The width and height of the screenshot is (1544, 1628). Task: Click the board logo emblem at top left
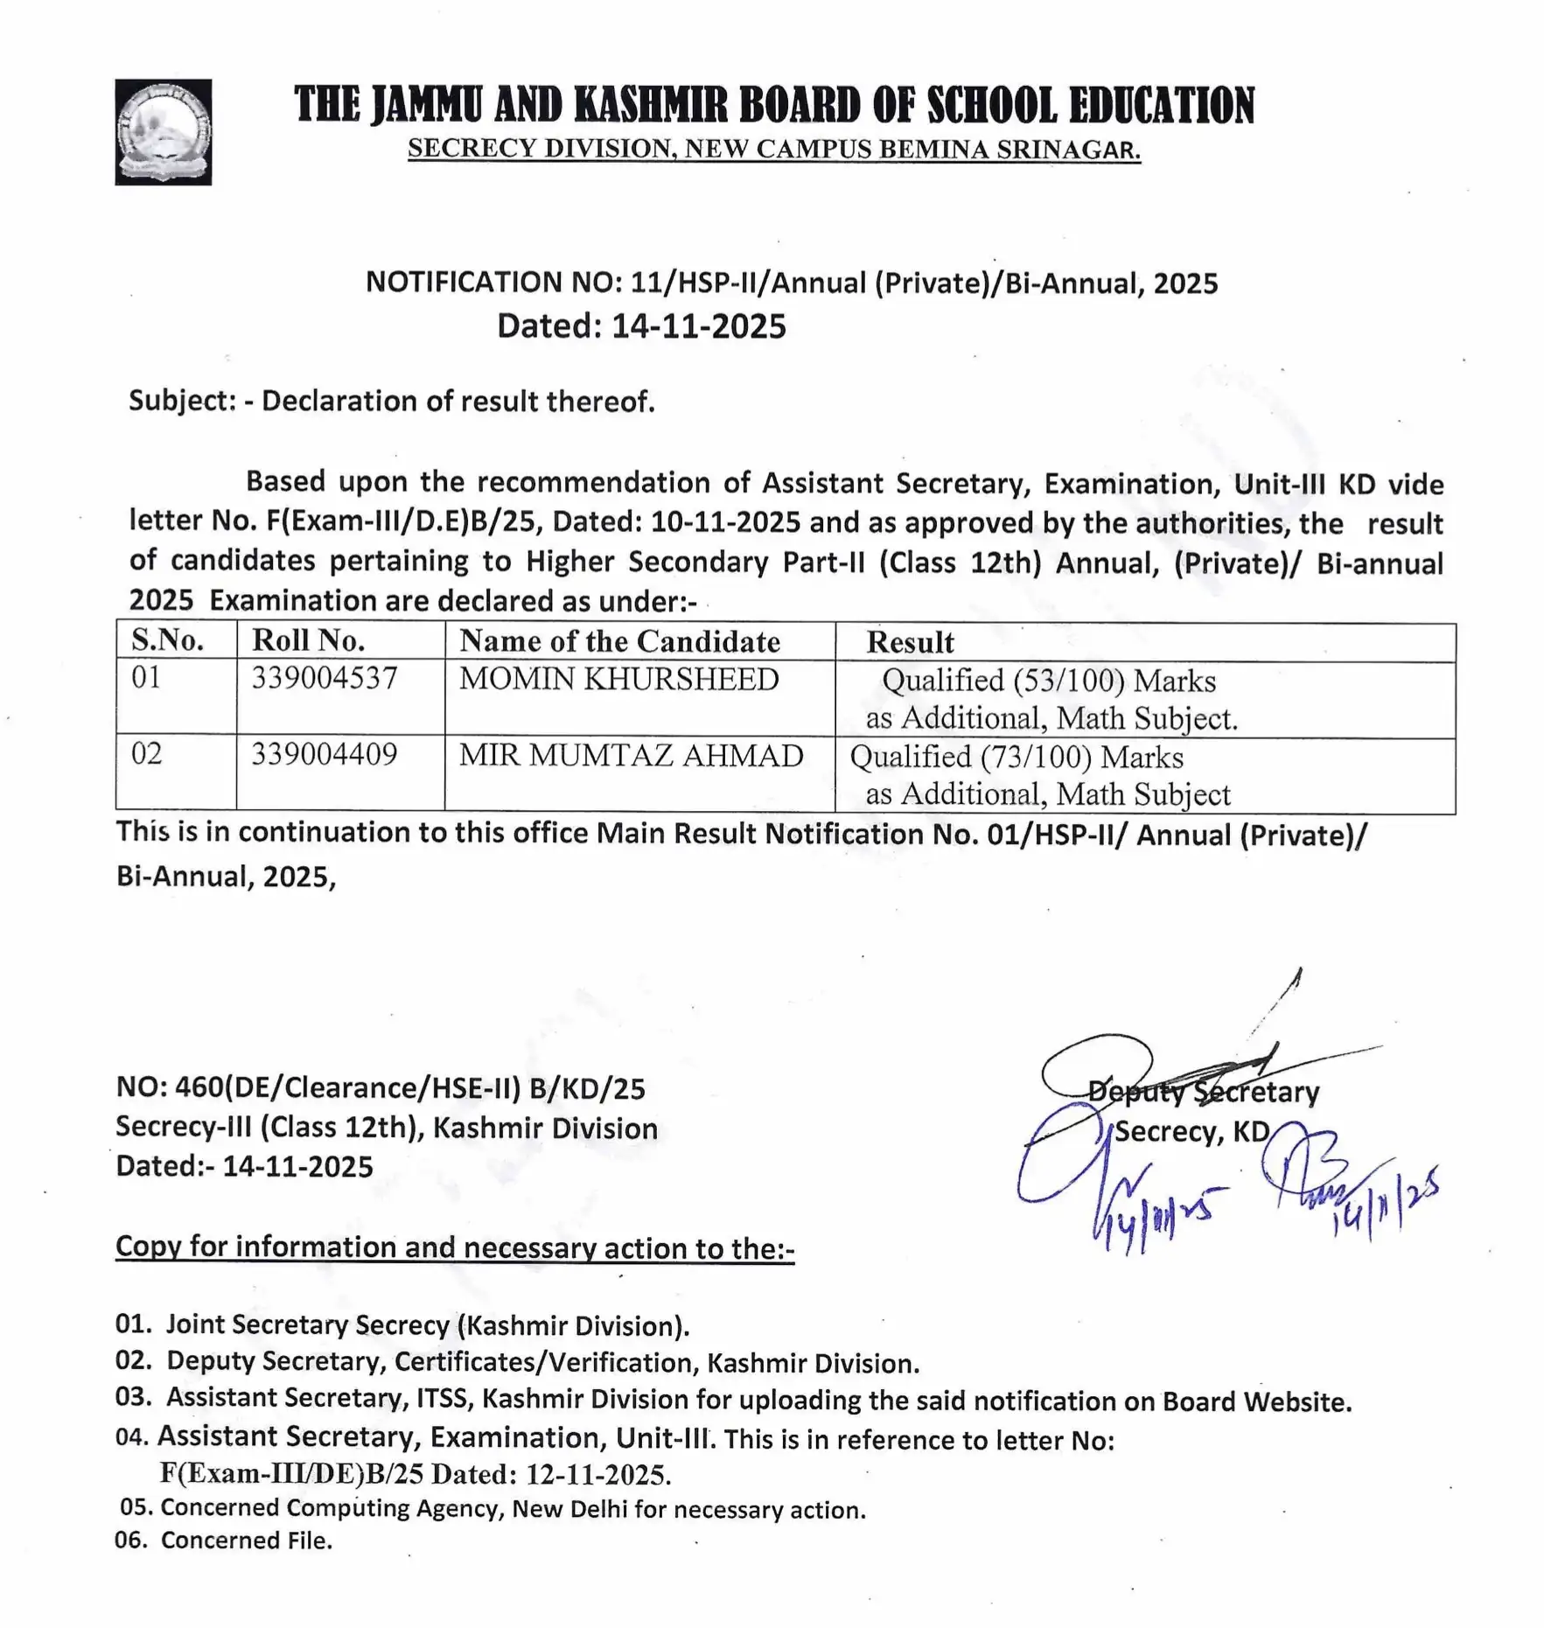pyautogui.click(x=163, y=132)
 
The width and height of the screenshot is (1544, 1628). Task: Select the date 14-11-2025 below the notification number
pyautogui.click(x=698, y=326)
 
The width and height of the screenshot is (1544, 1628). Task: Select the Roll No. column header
pyautogui.click(x=308, y=641)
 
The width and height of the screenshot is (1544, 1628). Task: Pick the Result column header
pyautogui.click(x=910, y=643)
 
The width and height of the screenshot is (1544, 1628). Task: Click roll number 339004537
pyautogui.click(x=325, y=679)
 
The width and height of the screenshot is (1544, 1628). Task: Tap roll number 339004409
pyautogui.click(x=325, y=754)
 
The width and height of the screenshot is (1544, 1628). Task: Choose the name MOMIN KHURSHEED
pyautogui.click(x=618, y=680)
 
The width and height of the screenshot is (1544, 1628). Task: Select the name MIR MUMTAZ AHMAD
pyautogui.click(x=631, y=756)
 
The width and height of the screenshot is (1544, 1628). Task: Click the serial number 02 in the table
pyautogui.click(x=146, y=754)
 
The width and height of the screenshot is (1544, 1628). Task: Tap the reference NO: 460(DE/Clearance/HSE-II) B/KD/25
pyautogui.click(x=381, y=1088)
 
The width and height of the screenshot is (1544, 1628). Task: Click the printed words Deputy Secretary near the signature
pyautogui.click(x=1203, y=1093)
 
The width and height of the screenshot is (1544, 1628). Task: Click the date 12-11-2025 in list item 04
pyautogui.click(x=597, y=1475)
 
